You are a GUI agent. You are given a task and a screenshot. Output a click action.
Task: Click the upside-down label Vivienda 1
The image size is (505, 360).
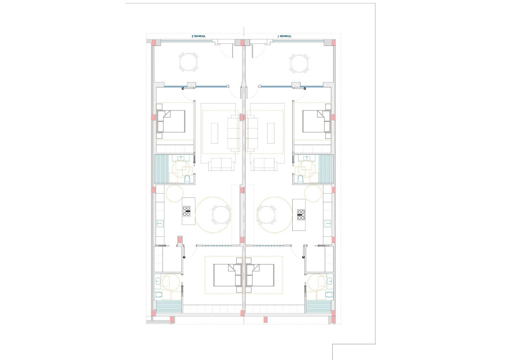point(285,36)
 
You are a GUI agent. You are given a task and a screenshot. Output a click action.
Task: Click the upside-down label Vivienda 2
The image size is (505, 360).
point(199,36)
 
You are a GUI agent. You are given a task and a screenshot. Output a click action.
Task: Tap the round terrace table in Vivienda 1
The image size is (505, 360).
point(299,64)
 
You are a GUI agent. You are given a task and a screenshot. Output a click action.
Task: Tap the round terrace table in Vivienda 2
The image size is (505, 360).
point(188,62)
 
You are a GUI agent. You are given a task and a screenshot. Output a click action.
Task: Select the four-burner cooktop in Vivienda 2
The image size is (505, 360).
point(187,211)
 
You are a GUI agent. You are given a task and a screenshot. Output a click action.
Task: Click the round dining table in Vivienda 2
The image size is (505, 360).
point(221,215)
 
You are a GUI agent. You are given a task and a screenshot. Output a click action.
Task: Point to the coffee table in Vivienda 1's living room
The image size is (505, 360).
point(272,133)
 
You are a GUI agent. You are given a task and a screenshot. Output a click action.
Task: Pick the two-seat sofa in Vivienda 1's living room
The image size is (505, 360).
point(265,164)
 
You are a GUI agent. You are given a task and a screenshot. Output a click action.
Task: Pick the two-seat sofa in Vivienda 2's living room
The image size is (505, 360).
point(221,164)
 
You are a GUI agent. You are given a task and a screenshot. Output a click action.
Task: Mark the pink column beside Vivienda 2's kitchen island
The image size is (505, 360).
point(180,240)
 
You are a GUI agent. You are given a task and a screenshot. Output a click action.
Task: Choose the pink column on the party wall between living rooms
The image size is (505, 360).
point(243,118)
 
